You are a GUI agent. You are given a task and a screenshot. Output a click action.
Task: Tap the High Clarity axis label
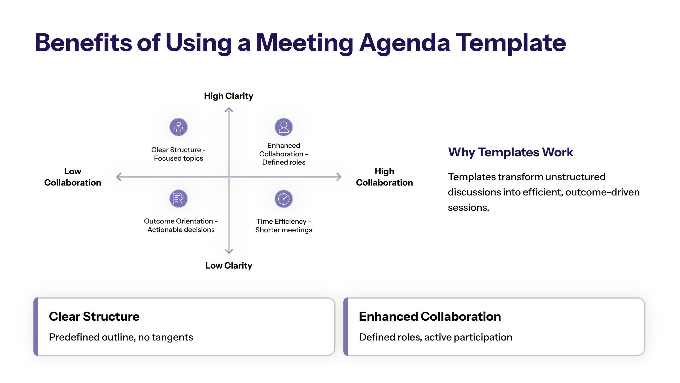(229, 96)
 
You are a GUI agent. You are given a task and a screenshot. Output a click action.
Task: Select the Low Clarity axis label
(229, 266)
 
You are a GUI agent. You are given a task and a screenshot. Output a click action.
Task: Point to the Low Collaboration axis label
(73, 177)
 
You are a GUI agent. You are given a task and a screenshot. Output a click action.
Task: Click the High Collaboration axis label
(384, 177)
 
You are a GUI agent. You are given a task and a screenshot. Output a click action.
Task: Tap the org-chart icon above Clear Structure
(178, 127)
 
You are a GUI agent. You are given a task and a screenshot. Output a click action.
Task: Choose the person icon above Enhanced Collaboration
(284, 127)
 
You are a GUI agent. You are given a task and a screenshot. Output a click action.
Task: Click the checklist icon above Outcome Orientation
(178, 199)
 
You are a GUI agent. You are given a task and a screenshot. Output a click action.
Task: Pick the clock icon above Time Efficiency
(284, 199)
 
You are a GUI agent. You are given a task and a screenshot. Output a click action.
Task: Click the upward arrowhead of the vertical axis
(229, 108)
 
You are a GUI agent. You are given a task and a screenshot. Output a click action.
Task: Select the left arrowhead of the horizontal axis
(117, 177)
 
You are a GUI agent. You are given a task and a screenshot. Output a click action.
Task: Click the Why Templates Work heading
(511, 152)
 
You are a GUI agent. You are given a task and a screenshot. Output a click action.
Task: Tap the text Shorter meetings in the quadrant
(284, 230)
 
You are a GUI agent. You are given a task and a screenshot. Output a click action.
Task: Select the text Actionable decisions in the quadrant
(181, 229)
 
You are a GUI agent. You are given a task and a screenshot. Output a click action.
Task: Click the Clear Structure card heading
(94, 316)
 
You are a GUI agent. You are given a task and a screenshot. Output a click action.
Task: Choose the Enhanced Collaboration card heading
(430, 316)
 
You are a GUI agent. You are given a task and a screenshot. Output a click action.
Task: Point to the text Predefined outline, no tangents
(121, 337)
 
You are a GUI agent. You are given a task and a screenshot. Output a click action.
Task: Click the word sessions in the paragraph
(468, 207)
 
